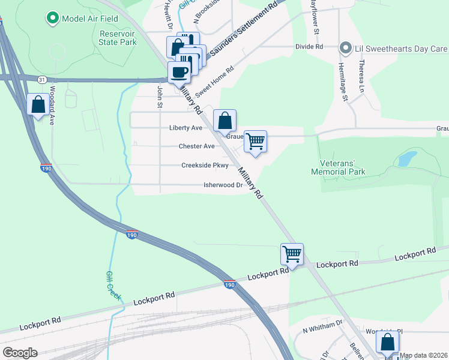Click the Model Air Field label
pos(85,19)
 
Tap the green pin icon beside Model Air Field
pos(52,19)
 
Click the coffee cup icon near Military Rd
pos(179,73)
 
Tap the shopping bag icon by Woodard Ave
pos(38,105)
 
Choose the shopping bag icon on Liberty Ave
pos(224,121)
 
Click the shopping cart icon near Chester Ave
pos(256,142)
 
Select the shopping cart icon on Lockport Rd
pos(292,254)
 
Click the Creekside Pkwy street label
pos(205,166)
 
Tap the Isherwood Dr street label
pos(223,185)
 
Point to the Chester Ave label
pos(196,146)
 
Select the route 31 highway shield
pos(41,79)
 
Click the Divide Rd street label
pos(309,46)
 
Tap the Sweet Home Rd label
pos(214,80)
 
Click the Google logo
pos(20,353)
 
